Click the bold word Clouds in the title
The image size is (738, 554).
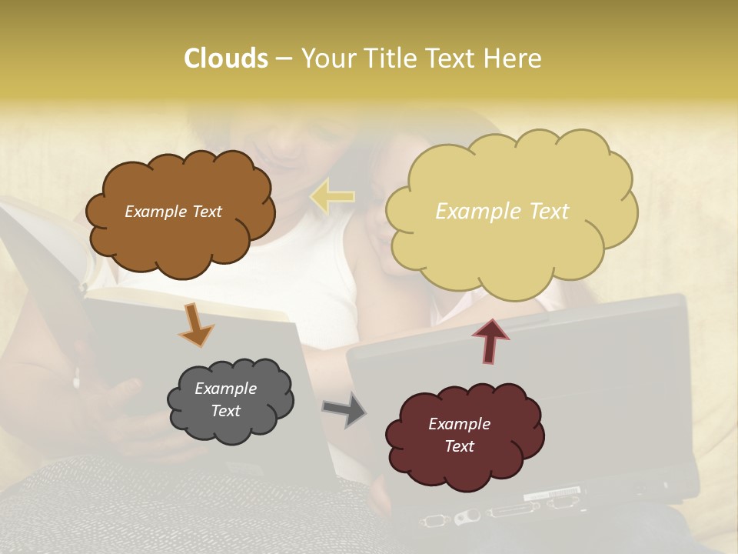(225, 58)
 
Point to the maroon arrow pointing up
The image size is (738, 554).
(490, 339)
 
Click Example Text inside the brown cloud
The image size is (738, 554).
(173, 212)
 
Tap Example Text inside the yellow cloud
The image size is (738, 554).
(502, 212)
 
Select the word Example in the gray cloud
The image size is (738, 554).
(225, 389)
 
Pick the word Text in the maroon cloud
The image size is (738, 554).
(459, 446)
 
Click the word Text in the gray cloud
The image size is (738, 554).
(225, 411)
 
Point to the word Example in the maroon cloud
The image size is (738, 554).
(459, 424)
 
